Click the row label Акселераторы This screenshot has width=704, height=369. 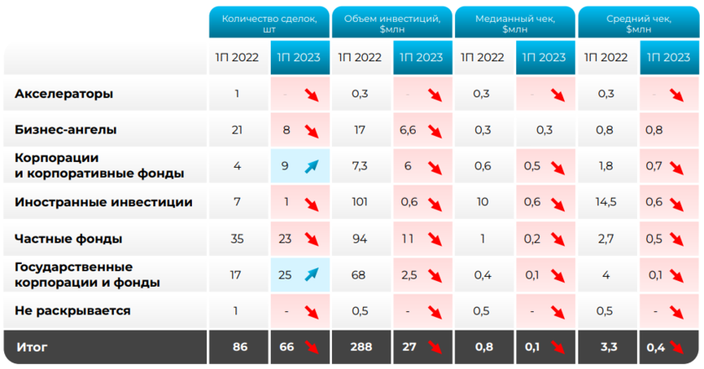[x=64, y=94]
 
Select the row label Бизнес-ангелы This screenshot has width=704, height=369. [x=66, y=130]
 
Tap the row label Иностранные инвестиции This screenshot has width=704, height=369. [x=104, y=202]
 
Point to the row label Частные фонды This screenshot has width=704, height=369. [x=69, y=238]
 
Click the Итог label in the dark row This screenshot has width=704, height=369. [x=31, y=346]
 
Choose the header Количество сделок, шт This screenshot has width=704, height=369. [x=269, y=23]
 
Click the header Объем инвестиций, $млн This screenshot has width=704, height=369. [x=391, y=23]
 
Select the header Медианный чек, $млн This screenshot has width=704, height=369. [x=515, y=23]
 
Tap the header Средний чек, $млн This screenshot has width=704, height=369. [x=638, y=23]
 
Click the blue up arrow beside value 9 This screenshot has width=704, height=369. [x=313, y=166]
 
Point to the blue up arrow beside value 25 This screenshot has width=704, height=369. [x=313, y=274]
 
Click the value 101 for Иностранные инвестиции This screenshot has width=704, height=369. [x=360, y=202]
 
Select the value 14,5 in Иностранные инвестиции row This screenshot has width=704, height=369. [x=607, y=202]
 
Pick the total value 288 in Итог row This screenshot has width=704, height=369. [x=360, y=346]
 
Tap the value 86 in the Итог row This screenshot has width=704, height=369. [x=238, y=346]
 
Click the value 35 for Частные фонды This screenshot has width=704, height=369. [x=238, y=238]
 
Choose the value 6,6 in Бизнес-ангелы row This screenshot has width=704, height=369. [x=408, y=130]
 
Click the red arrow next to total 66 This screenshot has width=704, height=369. [x=313, y=346]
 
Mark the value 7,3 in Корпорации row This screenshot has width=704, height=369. [x=360, y=166]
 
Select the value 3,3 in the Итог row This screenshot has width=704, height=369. [x=607, y=346]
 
